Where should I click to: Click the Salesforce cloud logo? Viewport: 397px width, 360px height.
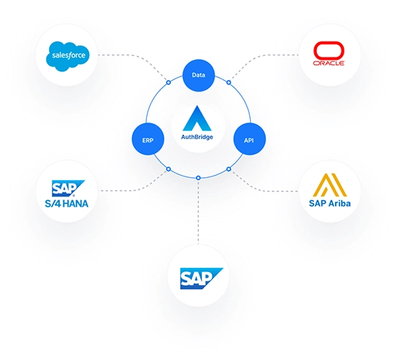(x=68, y=56)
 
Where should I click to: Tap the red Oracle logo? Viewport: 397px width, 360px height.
(x=329, y=53)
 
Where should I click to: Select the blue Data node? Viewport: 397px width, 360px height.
(x=199, y=75)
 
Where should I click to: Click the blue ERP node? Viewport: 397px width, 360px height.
(x=148, y=139)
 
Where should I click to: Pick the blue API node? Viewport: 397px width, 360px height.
(x=249, y=139)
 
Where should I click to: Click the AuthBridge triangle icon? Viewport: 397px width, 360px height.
(x=197, y=118)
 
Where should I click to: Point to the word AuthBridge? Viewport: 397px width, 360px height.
(x=197, y=137)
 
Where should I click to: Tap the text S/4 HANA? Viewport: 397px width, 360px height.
(x=66, y=204)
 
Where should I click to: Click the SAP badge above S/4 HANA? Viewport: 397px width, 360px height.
(x=68, y=188)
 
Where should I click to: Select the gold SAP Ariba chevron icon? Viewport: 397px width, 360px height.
(x=330, y=185)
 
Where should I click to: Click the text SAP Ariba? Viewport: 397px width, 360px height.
(x=330, y=203)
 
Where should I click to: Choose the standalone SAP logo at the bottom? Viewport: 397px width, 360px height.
(x=201, y=279)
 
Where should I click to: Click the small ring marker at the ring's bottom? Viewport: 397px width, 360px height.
(x=198, y=178)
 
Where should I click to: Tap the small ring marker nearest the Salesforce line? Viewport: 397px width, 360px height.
(x=169, y=82)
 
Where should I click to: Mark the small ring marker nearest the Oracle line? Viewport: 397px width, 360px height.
(x=228, y=82)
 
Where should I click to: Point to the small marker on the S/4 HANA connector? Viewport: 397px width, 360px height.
(x=169, y=169)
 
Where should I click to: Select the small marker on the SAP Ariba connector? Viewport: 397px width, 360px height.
(x=228, y=169)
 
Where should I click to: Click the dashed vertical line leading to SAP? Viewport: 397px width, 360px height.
(x=198, y=212)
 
